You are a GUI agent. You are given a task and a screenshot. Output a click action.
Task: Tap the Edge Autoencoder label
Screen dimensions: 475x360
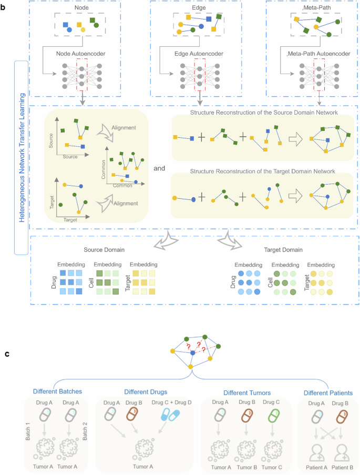click(x=199, y=54)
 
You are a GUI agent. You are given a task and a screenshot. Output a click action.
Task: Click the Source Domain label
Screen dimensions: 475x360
click(x=103, y=250)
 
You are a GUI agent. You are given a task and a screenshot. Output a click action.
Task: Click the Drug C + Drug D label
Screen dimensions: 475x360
click(x=173, y=403)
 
